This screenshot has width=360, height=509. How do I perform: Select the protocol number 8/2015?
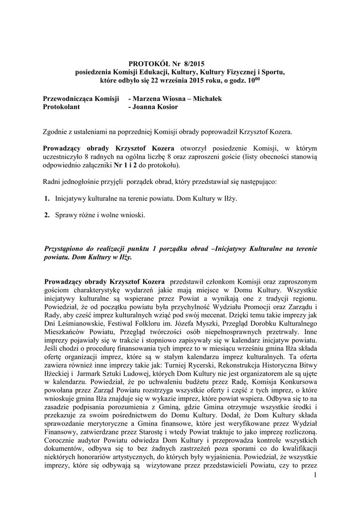pos(193,64)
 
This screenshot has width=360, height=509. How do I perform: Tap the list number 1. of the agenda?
pos(47,198)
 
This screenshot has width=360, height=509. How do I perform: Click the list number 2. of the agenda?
pos(47,215)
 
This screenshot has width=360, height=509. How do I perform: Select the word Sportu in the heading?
pos(272,72)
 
